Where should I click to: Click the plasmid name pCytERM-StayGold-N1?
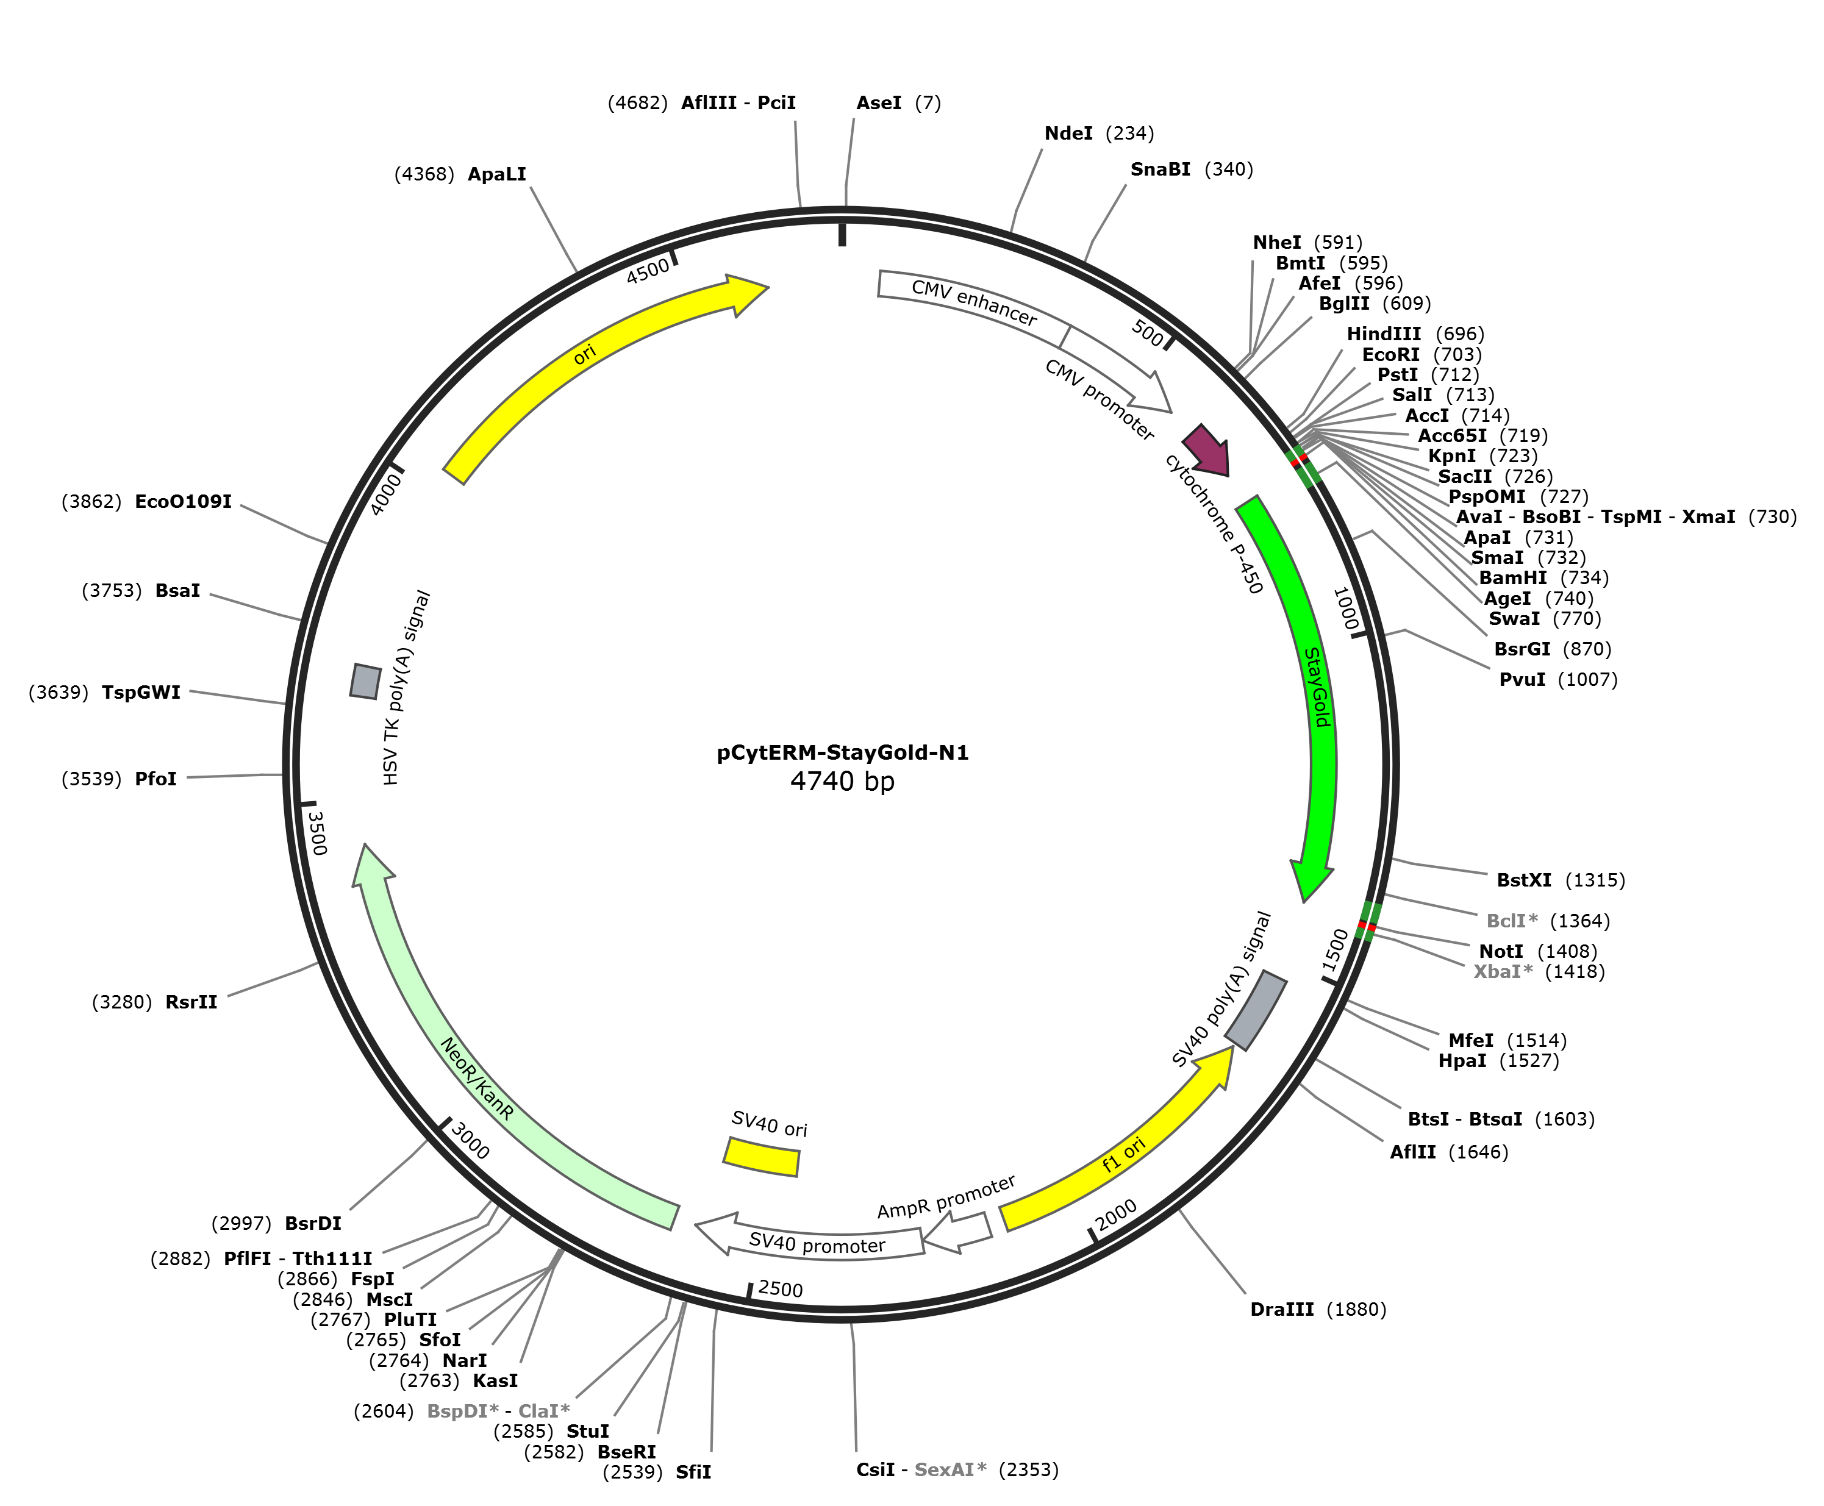[842, 752]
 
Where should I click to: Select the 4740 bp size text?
[842, 782]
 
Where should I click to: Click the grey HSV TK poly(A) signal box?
[365, 681]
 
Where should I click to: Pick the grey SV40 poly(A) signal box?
[1256, 1010]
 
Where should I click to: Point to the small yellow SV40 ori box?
[762, 1157]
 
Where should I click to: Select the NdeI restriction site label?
[1068, 133]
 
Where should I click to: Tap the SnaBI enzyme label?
[1160, 169]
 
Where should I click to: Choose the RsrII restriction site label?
[191, 1002]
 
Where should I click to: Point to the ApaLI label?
[496, 174]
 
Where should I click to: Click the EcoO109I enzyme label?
[183, 501]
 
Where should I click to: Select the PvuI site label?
[1522, 679]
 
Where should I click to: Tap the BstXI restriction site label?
[1524, 880]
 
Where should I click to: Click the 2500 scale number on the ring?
[780, 1288]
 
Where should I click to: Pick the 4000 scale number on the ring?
[385, 494]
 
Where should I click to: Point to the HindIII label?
[1384, 334]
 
